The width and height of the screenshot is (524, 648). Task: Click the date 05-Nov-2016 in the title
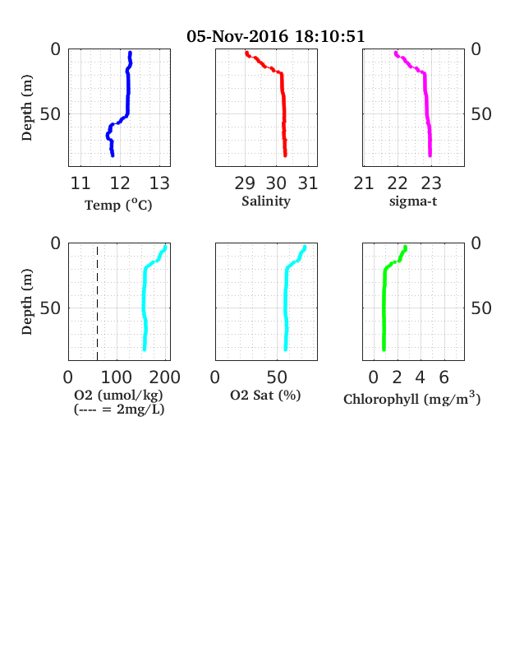point(237,36)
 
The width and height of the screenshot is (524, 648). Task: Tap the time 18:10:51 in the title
point(330,36)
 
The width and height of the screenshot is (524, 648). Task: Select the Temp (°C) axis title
point(118,205)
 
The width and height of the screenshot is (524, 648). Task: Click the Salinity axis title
point(266,201)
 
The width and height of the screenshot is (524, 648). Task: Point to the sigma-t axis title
point(413,201)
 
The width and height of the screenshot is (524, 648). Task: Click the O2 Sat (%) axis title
point(265,396)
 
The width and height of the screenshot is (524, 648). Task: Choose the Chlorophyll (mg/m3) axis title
point(412,398)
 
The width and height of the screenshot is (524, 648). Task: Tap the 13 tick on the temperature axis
point(159,183)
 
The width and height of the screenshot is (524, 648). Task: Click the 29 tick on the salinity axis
point(245,183)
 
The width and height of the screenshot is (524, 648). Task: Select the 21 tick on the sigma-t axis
point(364,183)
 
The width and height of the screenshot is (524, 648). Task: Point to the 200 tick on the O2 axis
point(164,377)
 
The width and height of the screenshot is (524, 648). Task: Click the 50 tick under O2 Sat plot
point(277,377)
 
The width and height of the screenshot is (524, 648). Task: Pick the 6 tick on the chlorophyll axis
point(444,377)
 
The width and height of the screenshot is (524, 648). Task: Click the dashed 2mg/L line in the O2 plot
point(98,303)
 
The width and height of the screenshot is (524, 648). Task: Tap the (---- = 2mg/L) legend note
point(119,410)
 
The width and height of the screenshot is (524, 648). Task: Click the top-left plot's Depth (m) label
point(26,108)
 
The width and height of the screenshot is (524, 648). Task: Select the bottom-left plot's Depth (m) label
point(26,302)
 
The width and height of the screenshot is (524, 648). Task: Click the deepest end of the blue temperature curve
point(113,155)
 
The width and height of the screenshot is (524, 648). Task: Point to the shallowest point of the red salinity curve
point(246,53)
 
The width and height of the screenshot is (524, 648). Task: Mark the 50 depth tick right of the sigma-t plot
point(481,114)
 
